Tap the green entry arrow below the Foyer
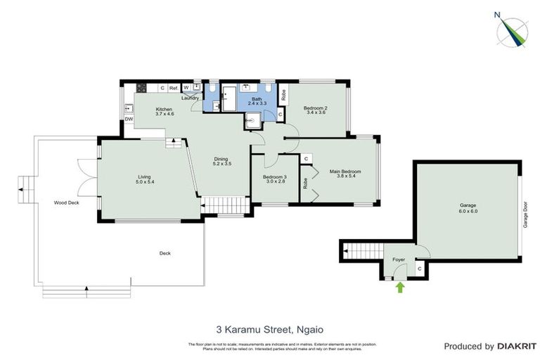point(400,286)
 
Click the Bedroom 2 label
point(315,110)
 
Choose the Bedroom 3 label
point(274,179)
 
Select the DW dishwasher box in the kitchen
point(129,119)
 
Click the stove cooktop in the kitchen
point(141,88)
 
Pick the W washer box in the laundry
point(186,88)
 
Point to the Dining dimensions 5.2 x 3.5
point(222,164)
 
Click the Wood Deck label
point(65,202)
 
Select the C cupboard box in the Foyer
point(419,269)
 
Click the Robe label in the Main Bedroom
point(305,183)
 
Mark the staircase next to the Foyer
point(359,249)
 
